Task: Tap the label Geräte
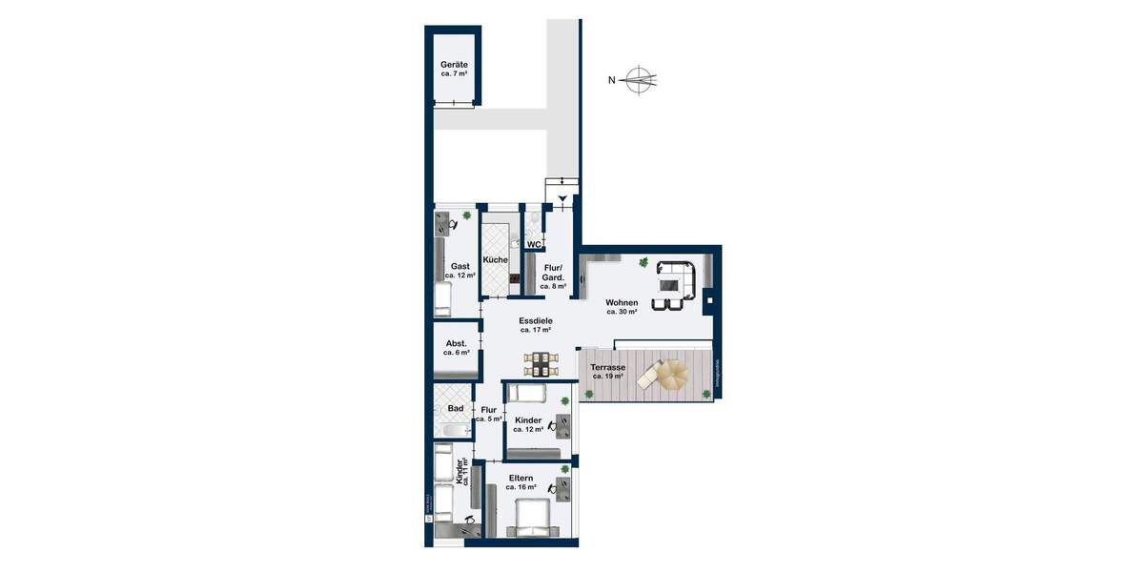pos(454,64)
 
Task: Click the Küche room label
pos(495,260)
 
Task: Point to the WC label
pos(534,244)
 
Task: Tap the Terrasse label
pos(607,368)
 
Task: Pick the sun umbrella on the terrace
pos(672,374)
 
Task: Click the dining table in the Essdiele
pos(540,363)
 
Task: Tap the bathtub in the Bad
pos(454,430)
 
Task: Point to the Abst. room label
pos(456,344)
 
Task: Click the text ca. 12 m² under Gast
pos(460,276)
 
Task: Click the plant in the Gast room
pos(467,216)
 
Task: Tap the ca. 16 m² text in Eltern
pos(521,487)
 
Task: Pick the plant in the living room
pos(644,262)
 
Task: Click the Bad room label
pos(456,408)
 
